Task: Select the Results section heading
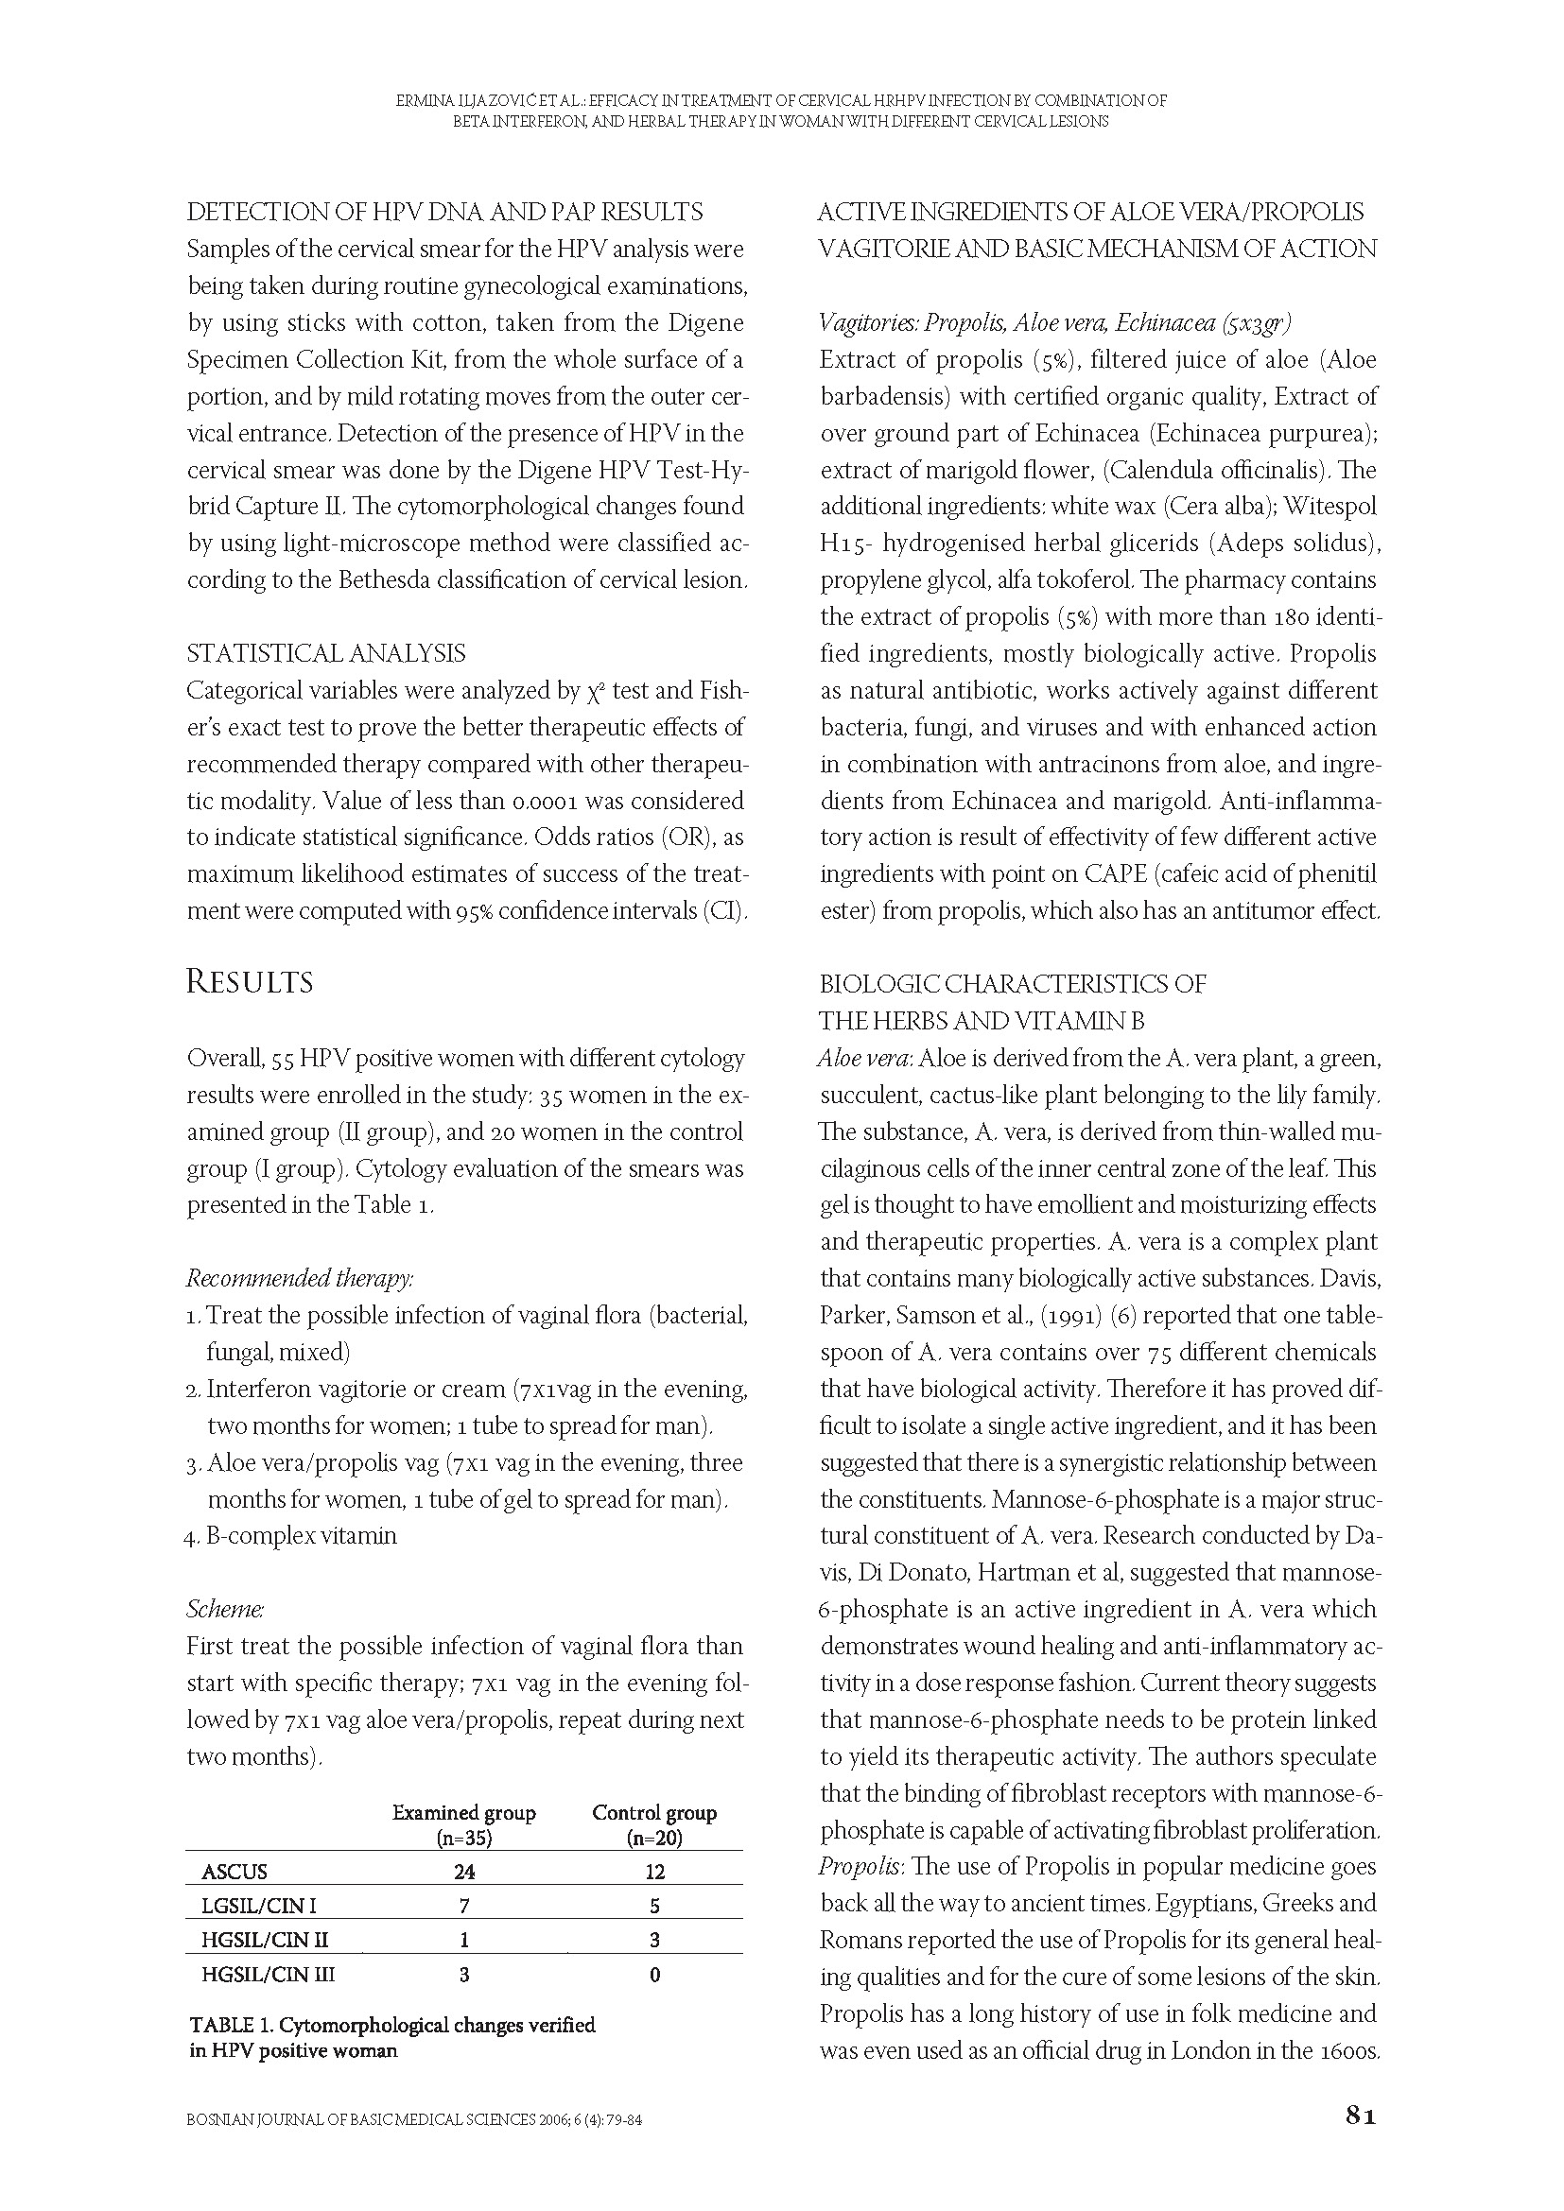pos(250,982)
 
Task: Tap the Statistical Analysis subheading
pos(325,654)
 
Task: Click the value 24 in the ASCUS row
pos(464,1872)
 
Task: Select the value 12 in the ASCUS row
pos(655,1872)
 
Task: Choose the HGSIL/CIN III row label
pos(268,1975)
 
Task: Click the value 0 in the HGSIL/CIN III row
pos(655,1975)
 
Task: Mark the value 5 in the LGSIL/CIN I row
pos(655,1906)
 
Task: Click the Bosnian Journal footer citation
pos(414,2119)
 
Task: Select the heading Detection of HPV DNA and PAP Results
pos(445,212)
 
